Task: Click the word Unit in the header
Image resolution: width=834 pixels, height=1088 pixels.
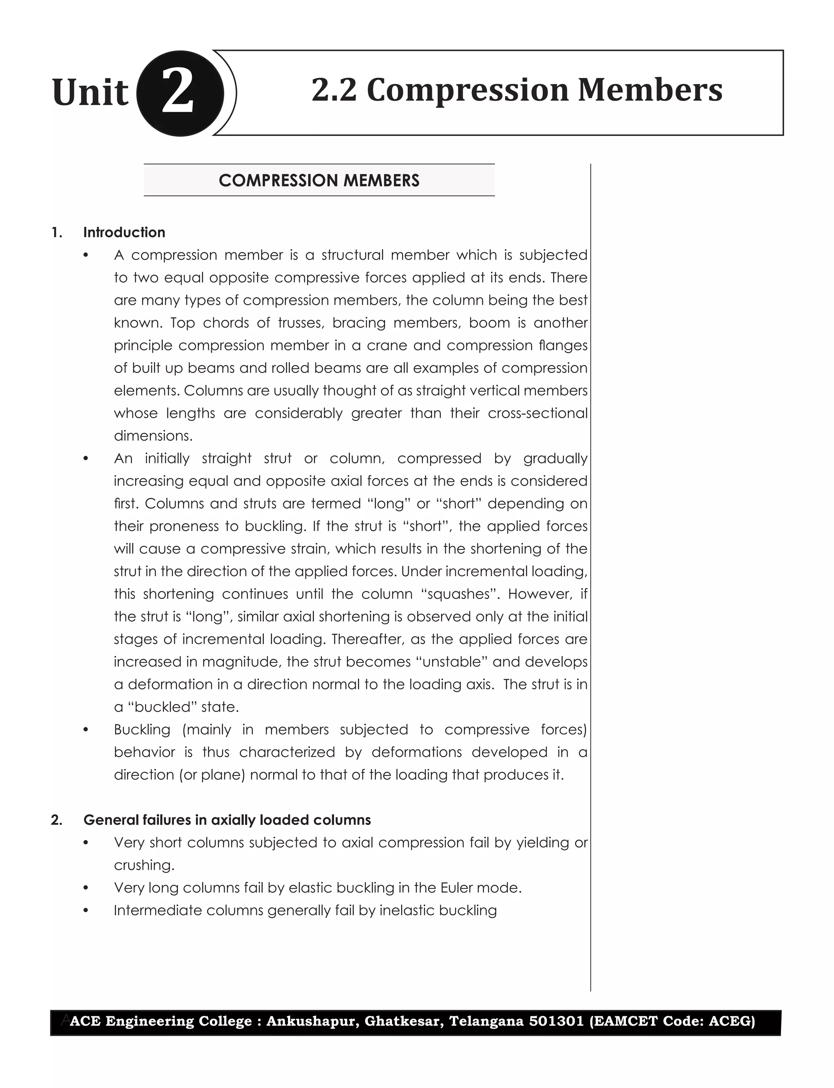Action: click(90, 93)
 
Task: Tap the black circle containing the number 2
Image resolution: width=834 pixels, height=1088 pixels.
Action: click(179, 93)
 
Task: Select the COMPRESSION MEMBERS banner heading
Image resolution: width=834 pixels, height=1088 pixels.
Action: click(319, 180)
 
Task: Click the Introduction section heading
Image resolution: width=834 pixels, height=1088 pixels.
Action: click(124, 232)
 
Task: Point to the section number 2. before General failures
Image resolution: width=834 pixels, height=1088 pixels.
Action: click(57, 820)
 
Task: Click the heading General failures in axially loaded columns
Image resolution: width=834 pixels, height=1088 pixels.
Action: click(227, 820)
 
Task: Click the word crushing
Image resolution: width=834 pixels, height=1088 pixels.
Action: click(144, 865)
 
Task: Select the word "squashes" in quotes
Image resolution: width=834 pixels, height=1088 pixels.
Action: click(459, 594)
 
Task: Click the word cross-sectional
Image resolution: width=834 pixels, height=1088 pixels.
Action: click(538, 413)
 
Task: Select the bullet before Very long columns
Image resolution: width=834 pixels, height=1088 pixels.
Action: click(86, 888)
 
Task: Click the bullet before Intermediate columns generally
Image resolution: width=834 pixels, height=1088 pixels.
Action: click(86, 911)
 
